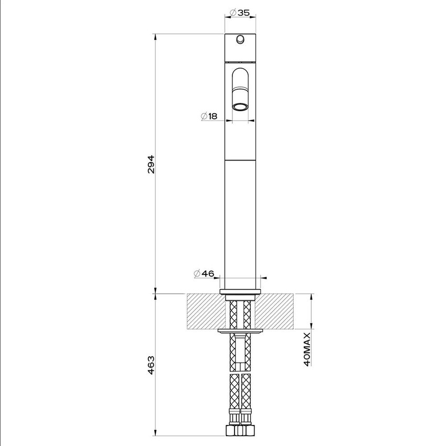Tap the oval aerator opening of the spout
point(241,108)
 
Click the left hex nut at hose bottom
point(231,430)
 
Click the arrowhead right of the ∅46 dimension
point(263,277)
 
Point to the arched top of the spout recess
point(241,70)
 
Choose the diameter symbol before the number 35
point(233,13)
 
